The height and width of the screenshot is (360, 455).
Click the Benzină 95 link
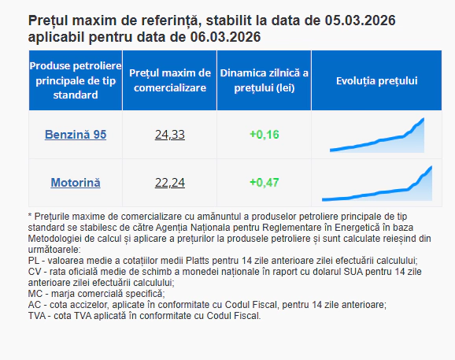[x=76, y=135]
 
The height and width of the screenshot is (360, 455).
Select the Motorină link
[x=76, y=183]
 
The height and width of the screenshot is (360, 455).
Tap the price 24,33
[x=169, y=135]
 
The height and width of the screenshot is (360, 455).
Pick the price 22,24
[x=169, y=183]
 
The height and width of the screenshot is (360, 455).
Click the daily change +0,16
[x=264, y=135]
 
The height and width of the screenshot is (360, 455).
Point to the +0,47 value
[x=264, y=183]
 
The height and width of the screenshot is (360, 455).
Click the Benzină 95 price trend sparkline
[x=377, y=135]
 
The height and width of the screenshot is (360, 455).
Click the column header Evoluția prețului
[x=376, y=81]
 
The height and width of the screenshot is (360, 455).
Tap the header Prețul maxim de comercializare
[x=169, y=80]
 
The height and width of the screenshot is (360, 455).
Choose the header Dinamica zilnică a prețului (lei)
[x=264, y=80]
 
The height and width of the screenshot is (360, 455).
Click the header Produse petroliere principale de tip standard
[x=76, y=80]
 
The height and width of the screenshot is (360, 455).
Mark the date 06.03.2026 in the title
[x=224, y=37]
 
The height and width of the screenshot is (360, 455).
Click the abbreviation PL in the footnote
[x=33, y=261]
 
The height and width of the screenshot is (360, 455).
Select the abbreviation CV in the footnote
[x=34, y=272]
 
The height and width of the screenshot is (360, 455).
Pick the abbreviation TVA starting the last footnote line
[x=37, y=316]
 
